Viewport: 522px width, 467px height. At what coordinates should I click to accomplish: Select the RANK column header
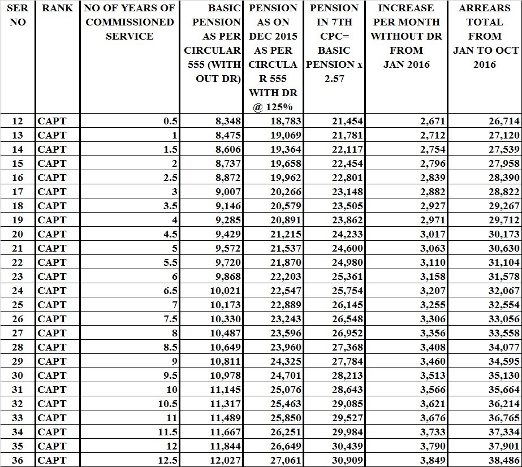pos(57,8)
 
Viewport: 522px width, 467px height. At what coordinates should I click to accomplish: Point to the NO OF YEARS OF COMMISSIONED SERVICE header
pos(130,23)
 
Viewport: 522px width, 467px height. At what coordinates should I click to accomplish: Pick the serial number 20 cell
pos(18,234)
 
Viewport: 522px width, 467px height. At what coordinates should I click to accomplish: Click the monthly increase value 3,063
pos(433,248)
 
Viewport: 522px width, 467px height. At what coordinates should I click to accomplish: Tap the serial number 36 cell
pos(18,460)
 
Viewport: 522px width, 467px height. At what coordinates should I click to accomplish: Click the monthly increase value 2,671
pos(433,121)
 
